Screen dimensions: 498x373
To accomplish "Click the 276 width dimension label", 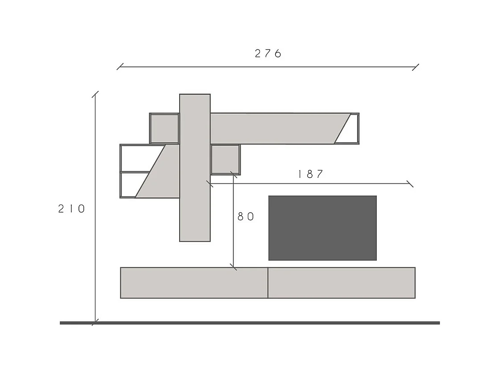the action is pos(268,53).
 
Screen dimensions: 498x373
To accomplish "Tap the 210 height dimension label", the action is pos(71,209).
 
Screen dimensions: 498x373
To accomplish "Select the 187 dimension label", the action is pos(310,174).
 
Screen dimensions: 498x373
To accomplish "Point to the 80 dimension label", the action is pos(246,217).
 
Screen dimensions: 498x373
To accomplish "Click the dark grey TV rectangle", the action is pos(323,228).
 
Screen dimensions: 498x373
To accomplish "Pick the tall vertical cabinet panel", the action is pos(195,168).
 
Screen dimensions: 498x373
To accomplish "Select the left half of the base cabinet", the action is pos(194,283).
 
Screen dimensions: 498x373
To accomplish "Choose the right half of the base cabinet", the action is pos(342,283).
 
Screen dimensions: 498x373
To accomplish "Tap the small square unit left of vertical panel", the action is pos(165,128).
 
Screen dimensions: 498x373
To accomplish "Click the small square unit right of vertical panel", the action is pos(226,160).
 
